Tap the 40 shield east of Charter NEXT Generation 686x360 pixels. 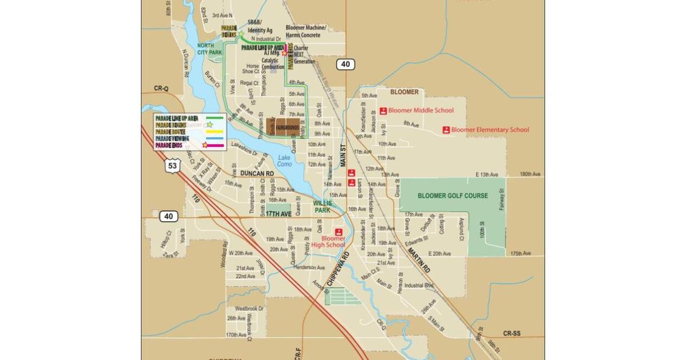[x=345, y=64]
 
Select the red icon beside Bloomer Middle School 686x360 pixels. [x=383, y=111]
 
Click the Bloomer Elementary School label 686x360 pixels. [x=490, y=130]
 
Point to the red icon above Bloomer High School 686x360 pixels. [x=338, y=232]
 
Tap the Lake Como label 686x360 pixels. [x=285, y=161]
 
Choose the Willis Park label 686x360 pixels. [x=322, y=206]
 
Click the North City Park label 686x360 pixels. [x=209, y=49]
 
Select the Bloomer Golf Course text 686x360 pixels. [x=453, y=195]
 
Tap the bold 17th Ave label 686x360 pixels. [x=278, y=214]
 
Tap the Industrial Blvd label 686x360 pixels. [x=421, y=285]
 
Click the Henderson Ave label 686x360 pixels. [x=309, y=267]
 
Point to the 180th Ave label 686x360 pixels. [x=530, y=174]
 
